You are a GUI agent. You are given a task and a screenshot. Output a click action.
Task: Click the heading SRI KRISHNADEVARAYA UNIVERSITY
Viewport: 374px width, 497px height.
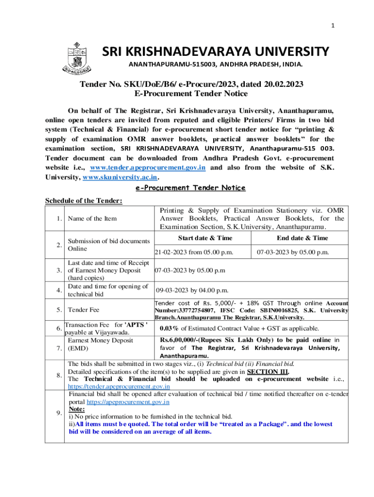point(215,51)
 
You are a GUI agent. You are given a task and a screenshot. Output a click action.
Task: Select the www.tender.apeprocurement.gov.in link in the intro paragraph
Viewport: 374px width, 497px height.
point(148,167)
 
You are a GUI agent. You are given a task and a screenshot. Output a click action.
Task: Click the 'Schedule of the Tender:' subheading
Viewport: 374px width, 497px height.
point(84,201)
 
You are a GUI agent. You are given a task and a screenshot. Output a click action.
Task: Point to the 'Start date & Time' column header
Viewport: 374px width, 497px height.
point(205,238)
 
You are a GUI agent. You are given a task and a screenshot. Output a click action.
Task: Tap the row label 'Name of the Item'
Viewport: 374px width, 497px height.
point(92,218)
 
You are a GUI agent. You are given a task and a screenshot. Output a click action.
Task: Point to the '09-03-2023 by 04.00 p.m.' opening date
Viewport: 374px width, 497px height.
point(192,290)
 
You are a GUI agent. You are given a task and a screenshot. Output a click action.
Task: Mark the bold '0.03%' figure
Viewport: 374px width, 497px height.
point(170,328)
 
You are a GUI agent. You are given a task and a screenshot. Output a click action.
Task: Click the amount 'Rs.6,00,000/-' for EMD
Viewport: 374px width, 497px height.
point(181,340)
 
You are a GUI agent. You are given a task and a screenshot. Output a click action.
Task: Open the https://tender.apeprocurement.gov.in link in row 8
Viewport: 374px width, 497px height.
point(119,386)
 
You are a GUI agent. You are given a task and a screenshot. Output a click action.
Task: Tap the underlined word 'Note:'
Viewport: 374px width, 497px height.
point(77,409)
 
